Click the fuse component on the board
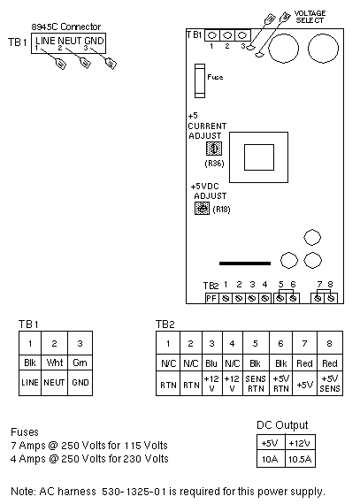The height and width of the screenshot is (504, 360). (200, 80)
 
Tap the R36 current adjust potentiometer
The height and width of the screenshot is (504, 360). (214, 149)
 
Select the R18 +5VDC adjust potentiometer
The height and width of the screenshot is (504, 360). (203, 209)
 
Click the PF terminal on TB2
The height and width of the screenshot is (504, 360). (211, 299)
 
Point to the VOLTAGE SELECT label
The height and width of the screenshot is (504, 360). (310, 17)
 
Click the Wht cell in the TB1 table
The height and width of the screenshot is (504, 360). (54, 363)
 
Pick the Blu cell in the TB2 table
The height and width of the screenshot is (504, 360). (211, 363)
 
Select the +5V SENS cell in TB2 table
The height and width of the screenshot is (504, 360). (330, 384)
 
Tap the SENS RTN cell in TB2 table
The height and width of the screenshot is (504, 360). (256, 384)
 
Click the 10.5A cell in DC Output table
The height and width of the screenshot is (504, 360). (300, 459)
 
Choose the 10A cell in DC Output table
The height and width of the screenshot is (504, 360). (270, 459)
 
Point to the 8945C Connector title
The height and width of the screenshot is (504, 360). (65, 27)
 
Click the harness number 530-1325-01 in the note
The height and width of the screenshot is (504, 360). (134, 492)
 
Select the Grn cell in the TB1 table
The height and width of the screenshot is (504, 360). (80, 363)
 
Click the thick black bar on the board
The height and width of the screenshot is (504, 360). (245, 263)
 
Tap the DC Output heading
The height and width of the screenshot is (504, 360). (282, 425)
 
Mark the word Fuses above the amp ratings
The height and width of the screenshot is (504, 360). (25, 431)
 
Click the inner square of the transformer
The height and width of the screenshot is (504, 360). (259, 157)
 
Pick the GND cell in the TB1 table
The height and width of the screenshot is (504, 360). (80, 383)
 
